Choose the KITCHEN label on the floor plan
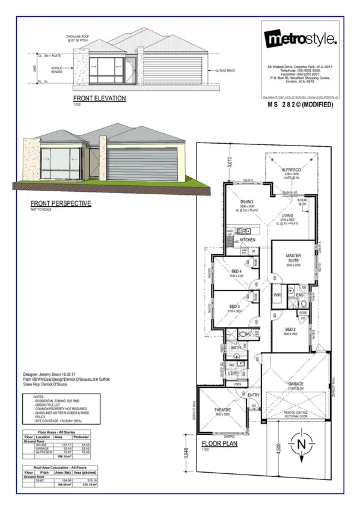(248, 240)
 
